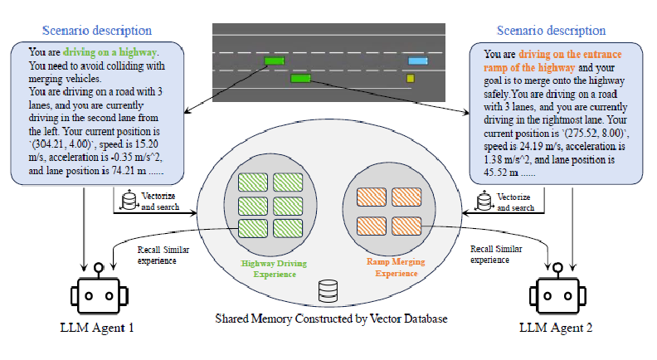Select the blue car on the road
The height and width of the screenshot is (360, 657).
(417, 61)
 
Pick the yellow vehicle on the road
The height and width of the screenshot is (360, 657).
(410, 79)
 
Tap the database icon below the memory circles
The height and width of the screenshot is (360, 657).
(328, 290)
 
